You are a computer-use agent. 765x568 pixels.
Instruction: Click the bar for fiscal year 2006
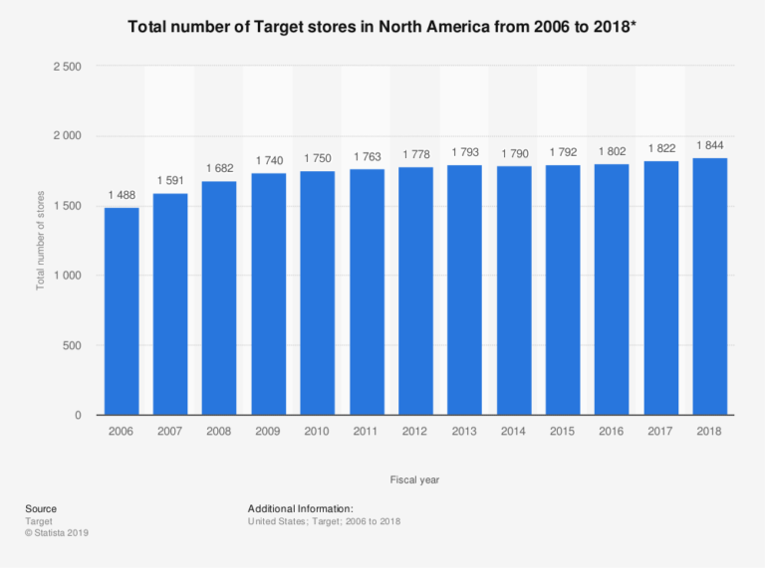click(122, 310)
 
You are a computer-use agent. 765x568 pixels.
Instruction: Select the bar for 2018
click(710, 286)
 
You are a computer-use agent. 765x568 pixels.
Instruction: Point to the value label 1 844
click(710, 146)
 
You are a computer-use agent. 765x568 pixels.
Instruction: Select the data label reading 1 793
click(465, 152)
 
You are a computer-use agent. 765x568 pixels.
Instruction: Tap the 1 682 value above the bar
click(220, 169)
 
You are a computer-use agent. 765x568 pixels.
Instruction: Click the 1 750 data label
click(318, 159)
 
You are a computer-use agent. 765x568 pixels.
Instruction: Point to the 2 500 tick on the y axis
click(67, 67)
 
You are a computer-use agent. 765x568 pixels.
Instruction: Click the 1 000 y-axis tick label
click(67, 276)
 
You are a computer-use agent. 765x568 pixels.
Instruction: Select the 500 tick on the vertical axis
click(72, 345)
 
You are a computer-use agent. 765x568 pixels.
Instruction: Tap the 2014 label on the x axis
click(514, 432)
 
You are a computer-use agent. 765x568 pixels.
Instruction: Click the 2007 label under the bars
click(170, 432)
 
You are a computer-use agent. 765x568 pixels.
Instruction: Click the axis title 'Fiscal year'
click(415, 479)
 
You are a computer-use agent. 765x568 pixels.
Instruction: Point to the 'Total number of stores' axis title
click(41, 241)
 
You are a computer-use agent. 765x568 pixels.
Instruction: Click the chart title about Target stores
click(382, 26)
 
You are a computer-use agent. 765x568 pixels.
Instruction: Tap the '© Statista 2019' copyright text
click(57, 533)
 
